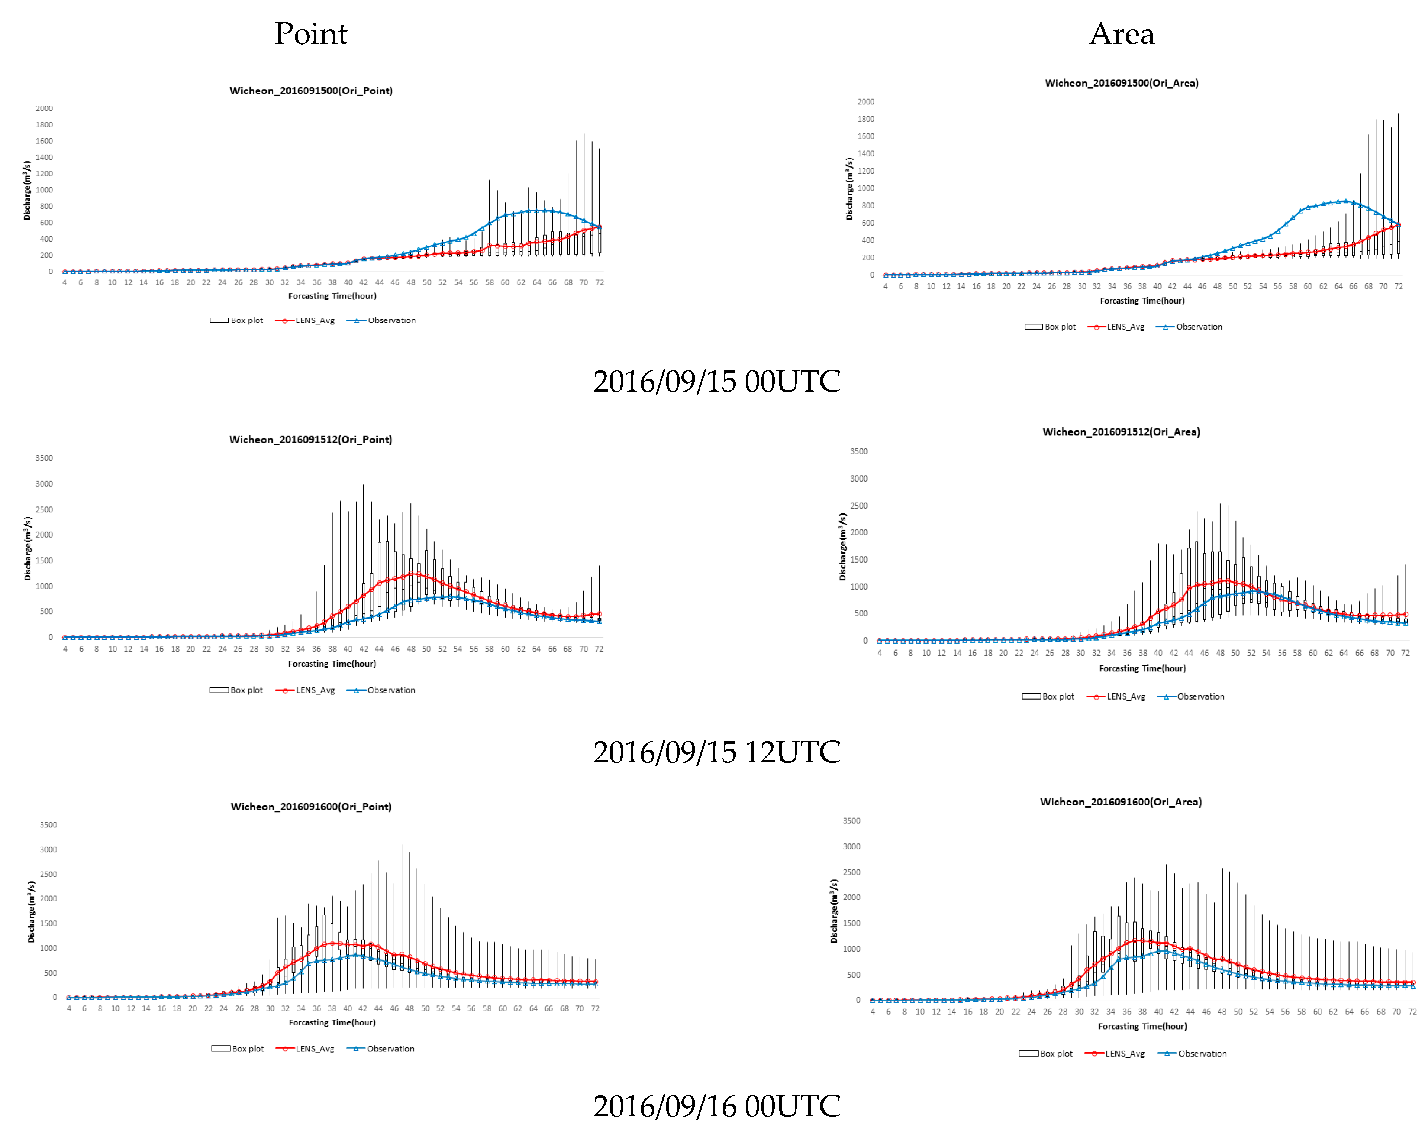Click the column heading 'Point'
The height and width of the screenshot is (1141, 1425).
[x=311, y=34]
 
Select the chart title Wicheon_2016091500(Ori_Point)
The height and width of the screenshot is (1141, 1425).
[x=311, y=91]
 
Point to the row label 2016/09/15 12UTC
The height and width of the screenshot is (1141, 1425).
[x=716, y=752]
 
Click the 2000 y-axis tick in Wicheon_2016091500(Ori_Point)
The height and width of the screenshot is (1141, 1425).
[x=44, y=108]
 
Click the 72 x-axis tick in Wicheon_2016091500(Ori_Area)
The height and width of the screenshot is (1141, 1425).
[x=1399, y=287]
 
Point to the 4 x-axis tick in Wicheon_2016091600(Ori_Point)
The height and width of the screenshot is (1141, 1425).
[x=69, y=1009]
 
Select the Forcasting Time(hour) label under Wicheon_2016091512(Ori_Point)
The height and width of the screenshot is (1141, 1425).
[x=332, y=663]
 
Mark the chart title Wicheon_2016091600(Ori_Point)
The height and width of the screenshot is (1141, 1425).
[x=311, y=807]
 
